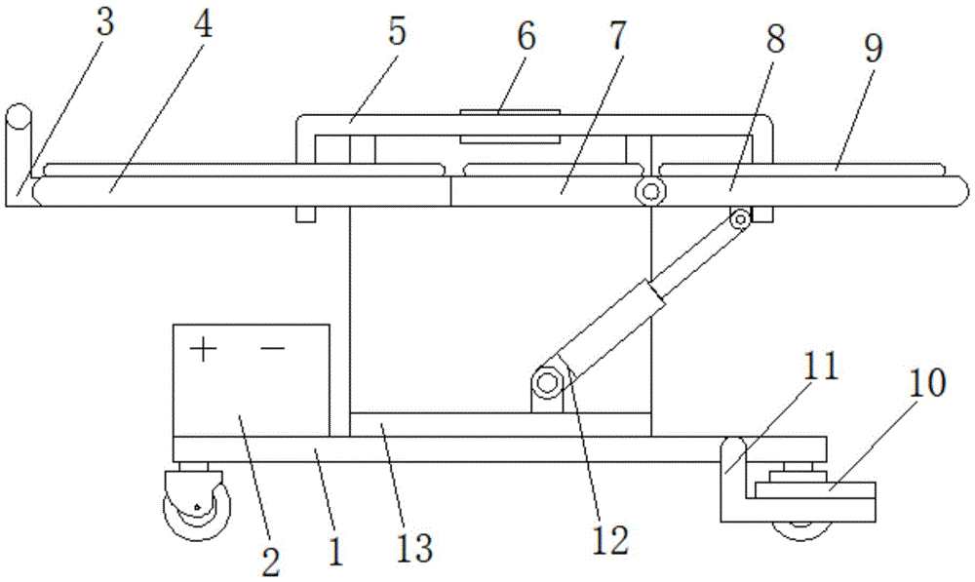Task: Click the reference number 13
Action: [x=413, y=546]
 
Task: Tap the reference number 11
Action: [x=821, y=367]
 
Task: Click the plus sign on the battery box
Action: [x=203, y=348]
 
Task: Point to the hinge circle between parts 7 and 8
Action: [x=648, y=192]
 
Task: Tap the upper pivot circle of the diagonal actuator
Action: [x=741, y=219]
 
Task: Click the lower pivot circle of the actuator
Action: [x=549, y=381]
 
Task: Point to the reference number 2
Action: [x=270, y=560]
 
